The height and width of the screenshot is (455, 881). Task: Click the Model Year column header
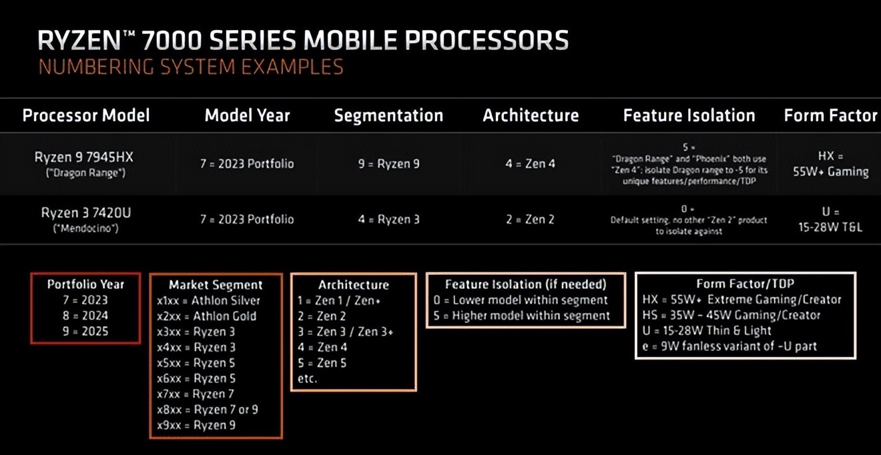pyautogui.click(x=247, y=115)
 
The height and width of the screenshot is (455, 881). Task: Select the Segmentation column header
pyautogui.click(x=388, y=115)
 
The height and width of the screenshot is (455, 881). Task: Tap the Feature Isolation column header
pyautogui.click(x=689, y=115)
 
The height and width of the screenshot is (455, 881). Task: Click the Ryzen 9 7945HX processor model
pyautogui.click(x=84, y=157)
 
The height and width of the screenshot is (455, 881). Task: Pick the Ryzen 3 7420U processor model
pyautogui.click(x=85, y=213)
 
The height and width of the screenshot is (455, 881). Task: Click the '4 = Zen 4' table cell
pyautogui.click(x=530, y=163)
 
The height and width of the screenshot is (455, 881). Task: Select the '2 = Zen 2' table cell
pyautogui.click(x=530, y=219)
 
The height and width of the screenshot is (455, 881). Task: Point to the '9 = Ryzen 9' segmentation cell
pyautogui.click(x=388, y=163)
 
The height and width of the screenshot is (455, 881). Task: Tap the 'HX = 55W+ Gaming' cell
pyautogui.click(x=831, y=164)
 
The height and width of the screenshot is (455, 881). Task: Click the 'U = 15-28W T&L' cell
pyautogui.click(x=830, y=219)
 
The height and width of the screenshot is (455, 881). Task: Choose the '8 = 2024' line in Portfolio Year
pyautogui.click(x=85, y=316)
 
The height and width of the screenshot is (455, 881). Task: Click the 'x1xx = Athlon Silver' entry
pyautogui.click(x=208, y=301)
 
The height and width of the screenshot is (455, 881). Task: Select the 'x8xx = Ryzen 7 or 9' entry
pyautogui.click(x=208, y=410)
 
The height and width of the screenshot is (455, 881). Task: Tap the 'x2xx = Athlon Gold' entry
pyautogui.click(x=206, y=316)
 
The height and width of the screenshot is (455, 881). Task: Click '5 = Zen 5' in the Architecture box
pyautogui.click(x=322, y=362)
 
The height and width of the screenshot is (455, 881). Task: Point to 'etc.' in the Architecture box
pyautogui.click(x=307, y=378)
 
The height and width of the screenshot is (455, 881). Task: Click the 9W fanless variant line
pyautogui.click(x=729, y=346)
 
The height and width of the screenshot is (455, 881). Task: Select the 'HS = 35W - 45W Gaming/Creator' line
pyautogui.click(x=731, y=315)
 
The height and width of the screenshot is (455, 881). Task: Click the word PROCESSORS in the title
pyautogui.click(x=487, y=40)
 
